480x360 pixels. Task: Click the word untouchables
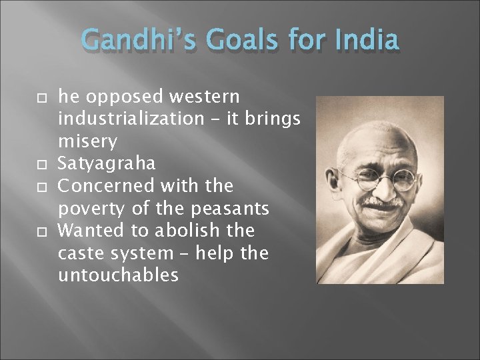click(x=118, y=274)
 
